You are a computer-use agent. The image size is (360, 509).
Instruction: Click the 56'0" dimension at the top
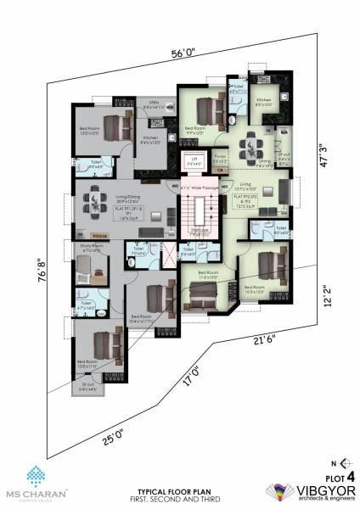tap(183, 53)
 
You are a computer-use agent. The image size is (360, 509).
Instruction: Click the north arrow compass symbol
tap(343, 461)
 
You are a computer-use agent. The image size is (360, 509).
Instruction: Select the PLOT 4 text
tap(338, 476)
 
